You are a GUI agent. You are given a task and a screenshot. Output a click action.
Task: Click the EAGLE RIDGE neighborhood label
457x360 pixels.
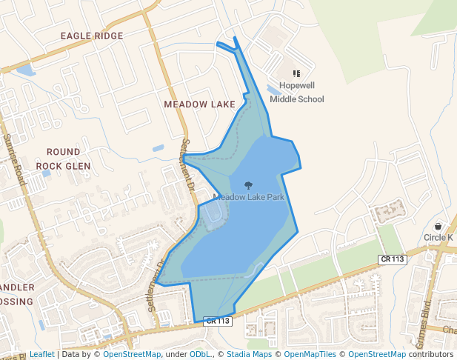[92, 36]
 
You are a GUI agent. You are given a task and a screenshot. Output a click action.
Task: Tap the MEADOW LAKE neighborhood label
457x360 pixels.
[199, 104]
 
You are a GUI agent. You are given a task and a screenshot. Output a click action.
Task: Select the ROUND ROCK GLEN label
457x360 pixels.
[63, 159]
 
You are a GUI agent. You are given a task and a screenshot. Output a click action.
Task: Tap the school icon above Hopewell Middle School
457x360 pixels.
[296, 73]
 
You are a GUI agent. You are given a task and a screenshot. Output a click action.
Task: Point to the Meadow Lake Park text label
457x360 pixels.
[249, 197]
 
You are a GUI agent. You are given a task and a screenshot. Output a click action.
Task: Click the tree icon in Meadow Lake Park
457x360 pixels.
[248, 185]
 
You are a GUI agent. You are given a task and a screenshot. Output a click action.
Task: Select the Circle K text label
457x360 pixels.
[438, 237]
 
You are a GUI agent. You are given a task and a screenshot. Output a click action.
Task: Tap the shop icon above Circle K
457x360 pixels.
[438, 226]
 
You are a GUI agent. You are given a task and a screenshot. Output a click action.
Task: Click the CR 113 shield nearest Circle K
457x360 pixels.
[393, 259]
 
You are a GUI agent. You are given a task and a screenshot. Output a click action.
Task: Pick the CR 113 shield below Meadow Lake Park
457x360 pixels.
[219, 321]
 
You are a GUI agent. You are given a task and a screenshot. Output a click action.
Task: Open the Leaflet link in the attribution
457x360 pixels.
[42, 354]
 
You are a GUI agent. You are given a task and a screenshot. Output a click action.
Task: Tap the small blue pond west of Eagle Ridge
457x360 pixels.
[24, 71]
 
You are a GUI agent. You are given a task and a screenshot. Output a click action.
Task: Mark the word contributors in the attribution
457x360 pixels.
[431, 354]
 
